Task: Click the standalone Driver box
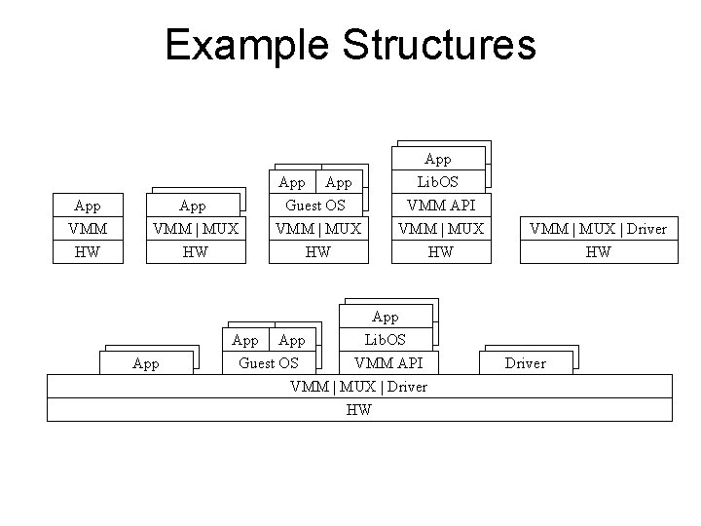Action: pyautogui.click(x=525, y=362)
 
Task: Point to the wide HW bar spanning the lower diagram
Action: pyautogui.click(x=359, y=410)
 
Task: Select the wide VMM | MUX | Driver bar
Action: pyautogui.click(x=359, y=387)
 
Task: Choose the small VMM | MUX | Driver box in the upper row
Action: pyautogui.click(x=598, y=229)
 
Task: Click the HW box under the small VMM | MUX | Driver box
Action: pyautogui.click(x=598, y=251)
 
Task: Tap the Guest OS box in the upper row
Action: pyautogui.click(x=316, y=206)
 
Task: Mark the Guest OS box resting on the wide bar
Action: pyautogui.click(x=269, y=362)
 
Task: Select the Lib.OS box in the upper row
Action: pyautogui.click(x=438, y=182)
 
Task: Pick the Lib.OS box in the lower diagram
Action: pyautogui.click(x=386, y=340)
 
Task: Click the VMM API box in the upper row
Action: pyautogui.click(x=438, y=206)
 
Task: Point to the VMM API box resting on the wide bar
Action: pyautogui.click(x=386, y=362)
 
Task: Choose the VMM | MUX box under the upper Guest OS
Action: pyautogui.click(x=318, y=229)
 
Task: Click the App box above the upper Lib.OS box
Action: pyautogui.click(x=438, y=159)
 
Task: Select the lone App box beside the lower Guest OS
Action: pyautogui.click(x=146, y=363)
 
